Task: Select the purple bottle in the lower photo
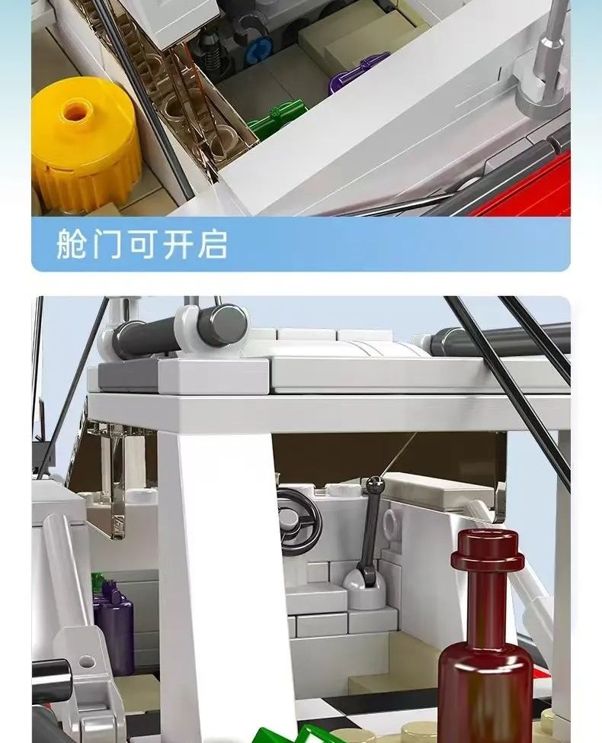click(x=113, y=626)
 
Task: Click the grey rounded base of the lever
click(x=363, y=588)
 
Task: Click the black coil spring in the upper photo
click(x=209, y=50)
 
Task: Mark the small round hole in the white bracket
click(x=86, y=662)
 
